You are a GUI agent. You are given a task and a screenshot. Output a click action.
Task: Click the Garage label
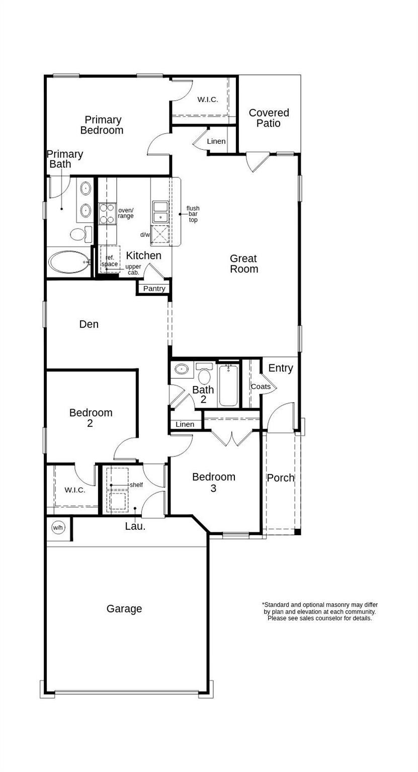click(124, 609)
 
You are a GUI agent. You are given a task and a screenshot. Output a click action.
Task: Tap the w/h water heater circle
click(58, 528)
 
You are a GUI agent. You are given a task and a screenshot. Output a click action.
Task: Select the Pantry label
click(154, 288)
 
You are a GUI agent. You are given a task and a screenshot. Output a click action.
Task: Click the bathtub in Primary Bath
click(68, 262)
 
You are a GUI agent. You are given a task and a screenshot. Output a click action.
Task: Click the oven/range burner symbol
click(107, 213)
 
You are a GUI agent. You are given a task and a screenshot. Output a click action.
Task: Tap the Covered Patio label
click(269, 118)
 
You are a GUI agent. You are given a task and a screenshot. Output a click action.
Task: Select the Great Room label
click(244, 264)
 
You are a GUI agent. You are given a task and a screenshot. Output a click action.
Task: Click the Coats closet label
click(261, 387)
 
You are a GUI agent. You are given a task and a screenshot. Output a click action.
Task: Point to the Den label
click(89, 324)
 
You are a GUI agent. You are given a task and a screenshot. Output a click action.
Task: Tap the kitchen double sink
click(160, 212)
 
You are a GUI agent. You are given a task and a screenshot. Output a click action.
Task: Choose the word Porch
click(280, 478)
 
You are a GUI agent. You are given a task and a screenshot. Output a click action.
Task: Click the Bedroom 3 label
click(214, 482)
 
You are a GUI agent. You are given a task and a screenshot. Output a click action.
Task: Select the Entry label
click(280, 368)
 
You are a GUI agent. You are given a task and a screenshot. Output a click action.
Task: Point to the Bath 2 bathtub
click(228, 385)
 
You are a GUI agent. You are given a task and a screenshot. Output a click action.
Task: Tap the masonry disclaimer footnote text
click(319, 612)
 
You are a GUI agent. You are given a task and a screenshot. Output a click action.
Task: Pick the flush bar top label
click(193, 214)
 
